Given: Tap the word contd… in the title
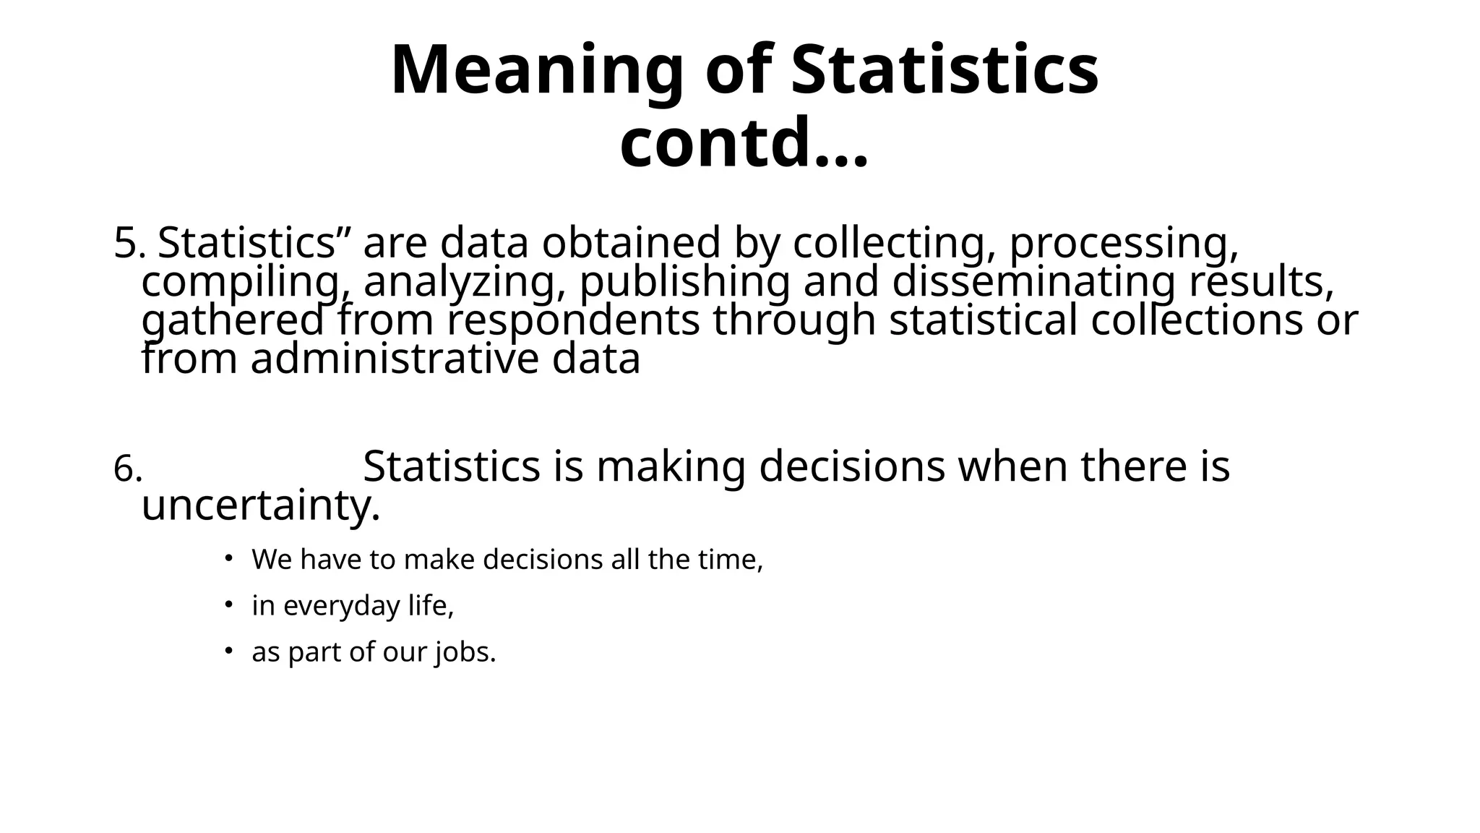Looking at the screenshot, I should [744, 142].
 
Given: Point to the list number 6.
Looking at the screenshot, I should [127, 470].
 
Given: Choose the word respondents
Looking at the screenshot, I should [573, 321].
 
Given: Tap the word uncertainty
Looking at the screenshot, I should [260, 505].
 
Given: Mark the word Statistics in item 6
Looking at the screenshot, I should [452, 466].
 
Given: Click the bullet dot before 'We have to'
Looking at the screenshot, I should [228, 557].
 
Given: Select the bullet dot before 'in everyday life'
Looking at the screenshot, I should [228, 603].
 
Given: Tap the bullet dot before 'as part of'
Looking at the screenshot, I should [228, 650].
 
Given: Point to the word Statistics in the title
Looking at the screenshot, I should [945, 71].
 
